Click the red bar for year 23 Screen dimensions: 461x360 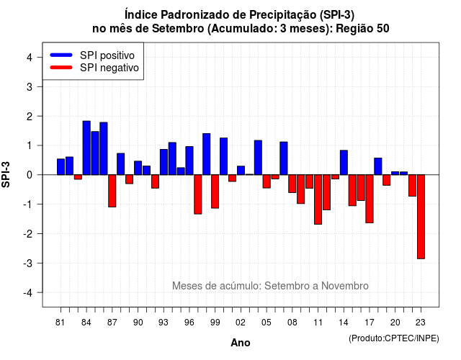[x=421, y=217]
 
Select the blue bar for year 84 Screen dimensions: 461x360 [x=86, y=148]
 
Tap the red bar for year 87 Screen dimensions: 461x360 [x=112, y=191]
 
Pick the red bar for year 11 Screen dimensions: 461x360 [x=318, y=199]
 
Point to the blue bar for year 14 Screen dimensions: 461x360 [x=344, y=163]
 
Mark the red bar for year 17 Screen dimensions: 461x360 [x=370, y=199]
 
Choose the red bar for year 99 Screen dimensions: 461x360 [x=215, y=192]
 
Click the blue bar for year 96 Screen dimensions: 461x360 [x=189, y=161]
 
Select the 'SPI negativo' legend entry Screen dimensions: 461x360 [x=94, y=68]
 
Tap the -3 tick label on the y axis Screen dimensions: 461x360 [x=28, y=263]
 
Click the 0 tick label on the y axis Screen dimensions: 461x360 [x=30, y=175]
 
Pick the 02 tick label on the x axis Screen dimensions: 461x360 [x=241, y=323]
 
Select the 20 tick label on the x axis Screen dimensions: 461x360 [x=395, y=323]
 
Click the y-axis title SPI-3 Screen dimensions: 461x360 [x=6, y=174]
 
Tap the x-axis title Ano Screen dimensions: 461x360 [x=241, y=343]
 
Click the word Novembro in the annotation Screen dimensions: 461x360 [x=344, y=286]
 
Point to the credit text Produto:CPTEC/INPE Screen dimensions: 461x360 [x=394, y=338]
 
